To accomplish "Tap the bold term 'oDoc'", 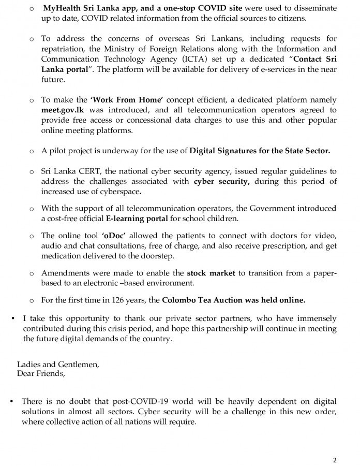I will click(114, 236).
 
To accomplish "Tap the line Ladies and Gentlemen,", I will click(58, 364).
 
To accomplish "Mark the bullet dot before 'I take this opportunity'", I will click(12, 317).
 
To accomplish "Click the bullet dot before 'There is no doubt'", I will click(12, 401).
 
